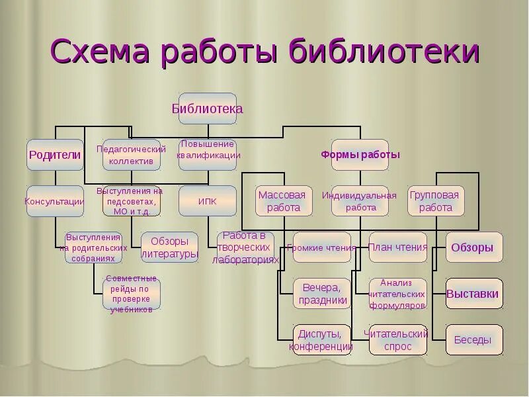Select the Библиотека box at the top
207,109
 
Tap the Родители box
55,155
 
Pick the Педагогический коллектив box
131,155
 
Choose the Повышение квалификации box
208,155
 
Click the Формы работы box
360,155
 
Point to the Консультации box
55,200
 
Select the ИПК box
208,200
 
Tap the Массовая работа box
283,200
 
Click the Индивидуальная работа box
360,200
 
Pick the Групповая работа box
436,200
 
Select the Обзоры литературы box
169,247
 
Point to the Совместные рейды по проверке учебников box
131,294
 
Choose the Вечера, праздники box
321,294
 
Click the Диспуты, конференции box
321,340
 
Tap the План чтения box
398,247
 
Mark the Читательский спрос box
398,340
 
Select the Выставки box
473,294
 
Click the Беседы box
473,340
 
